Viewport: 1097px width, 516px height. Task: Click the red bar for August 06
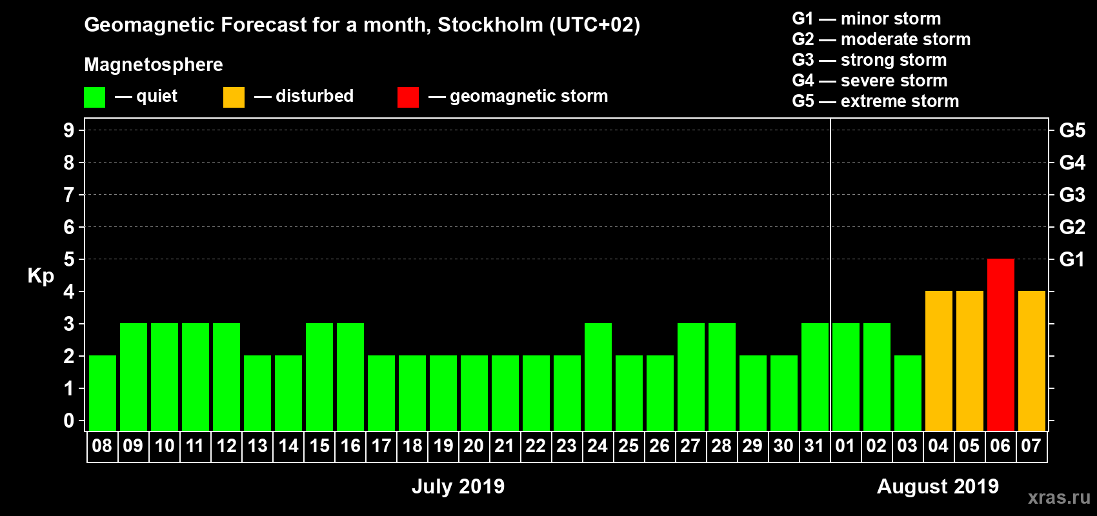1000,344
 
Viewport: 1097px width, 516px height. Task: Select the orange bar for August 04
938,361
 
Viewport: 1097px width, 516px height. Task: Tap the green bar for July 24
598,377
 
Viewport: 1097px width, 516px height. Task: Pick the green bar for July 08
102,393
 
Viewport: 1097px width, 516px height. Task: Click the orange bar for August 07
1031,361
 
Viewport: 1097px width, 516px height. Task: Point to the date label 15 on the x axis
319,446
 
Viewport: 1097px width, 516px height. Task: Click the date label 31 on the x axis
814,446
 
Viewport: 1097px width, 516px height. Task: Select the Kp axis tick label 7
68,195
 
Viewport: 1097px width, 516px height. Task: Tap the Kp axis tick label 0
68,421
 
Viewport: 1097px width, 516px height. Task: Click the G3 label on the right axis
1072,195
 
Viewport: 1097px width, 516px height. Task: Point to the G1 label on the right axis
1072,259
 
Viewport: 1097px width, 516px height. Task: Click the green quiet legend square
94,97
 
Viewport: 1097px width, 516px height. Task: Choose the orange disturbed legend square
234,97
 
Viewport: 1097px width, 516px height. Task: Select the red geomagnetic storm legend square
408,97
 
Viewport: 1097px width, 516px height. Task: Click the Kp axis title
41,275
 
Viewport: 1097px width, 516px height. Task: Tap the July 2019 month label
458,486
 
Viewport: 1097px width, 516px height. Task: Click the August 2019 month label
938,486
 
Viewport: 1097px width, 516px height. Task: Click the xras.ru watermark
1059,497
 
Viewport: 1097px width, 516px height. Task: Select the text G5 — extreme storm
875,101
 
